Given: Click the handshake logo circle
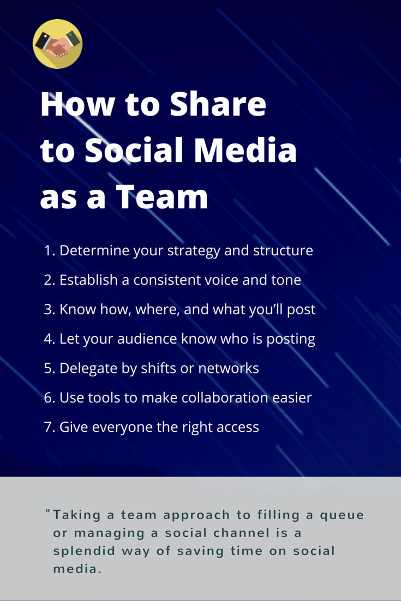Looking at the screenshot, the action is click(x=57, y=44).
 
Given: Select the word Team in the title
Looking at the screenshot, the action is click(x=161, y=196).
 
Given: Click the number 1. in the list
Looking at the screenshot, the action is click(x=50, y=251).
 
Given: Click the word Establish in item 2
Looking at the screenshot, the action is click(x=88, y=280).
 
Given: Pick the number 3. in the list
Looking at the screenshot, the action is click(x=50, y=309).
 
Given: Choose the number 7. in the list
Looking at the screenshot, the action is click(x=50, y=427).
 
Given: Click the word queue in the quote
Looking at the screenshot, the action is click(x=342, y=516).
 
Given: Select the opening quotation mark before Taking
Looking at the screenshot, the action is click(x=48, y=512).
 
